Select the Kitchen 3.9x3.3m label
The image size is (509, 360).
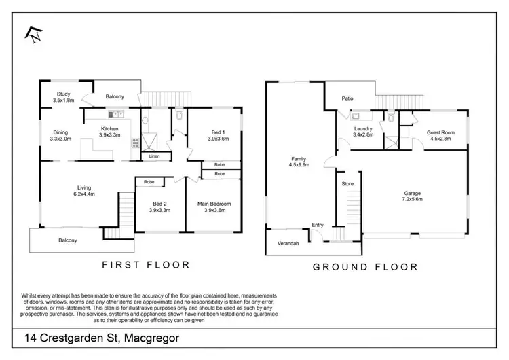(109, 132)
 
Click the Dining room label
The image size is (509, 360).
(60, 136)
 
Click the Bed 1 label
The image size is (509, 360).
(218, 135)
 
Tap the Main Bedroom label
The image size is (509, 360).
(219, 206)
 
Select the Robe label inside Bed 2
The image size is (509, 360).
(149, 182)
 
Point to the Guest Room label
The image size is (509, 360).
(440, 135)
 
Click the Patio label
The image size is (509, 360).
(347, 99)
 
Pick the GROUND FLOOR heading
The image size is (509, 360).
(364, 266)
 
